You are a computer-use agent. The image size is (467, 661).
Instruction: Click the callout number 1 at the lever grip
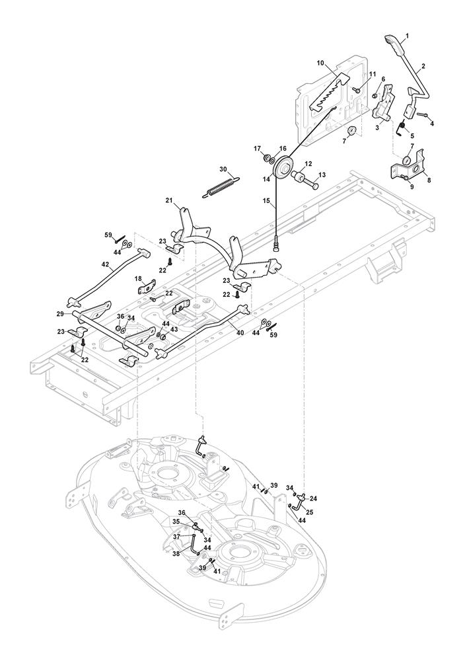pyautogui.click(x=408, y=35)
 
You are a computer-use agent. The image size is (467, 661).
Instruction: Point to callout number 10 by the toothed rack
pyautogui.click(x=320, y=63)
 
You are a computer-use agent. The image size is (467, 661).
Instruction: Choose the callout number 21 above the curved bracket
pyautogui.click(x=169, y=200)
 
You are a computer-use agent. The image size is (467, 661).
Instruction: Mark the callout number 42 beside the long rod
pyautogui.click(x=105, y=264)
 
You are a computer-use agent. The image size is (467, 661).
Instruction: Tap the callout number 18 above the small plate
pyautogui.click(x=139, y=279)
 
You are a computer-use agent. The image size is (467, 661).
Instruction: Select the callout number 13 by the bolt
pyautogui.click(x=323, y=175)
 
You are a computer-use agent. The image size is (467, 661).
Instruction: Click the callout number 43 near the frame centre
pyautogui.click(x=174, y=329)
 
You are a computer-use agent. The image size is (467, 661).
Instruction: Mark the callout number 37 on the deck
pyautogui.click(x=176, y=537)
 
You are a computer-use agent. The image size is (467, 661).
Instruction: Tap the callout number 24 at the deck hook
pyautogui.click(x=314, y=498)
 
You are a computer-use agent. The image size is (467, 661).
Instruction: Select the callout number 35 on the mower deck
pyautogui.click(x=176, y=521)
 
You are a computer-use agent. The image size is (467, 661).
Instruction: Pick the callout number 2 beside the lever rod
pyautogui.click(x=423, y=66)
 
